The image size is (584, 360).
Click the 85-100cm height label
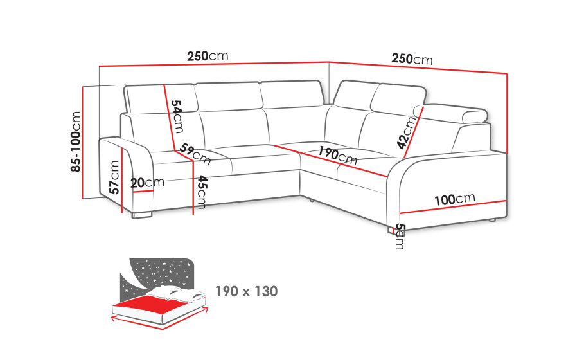[x=76, y=141]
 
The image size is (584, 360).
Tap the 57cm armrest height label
[x=114, y=177]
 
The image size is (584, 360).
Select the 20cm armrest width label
[x=148, y=183]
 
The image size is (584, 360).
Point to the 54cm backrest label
[x=177, y=116]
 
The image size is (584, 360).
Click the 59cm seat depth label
[x=195, y=154]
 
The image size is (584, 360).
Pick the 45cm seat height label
[x=202, y=192]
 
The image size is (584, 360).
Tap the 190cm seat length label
[x=337, y=156]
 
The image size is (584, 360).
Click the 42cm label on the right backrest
[x=406, y=133]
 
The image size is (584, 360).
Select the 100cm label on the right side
[x=455, y=199]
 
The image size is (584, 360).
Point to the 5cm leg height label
[x=400, y=237]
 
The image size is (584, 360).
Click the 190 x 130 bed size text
[x=247, y=291]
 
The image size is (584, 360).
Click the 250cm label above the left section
[x=208, y=56]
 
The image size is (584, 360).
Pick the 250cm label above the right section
[x=412, y=59]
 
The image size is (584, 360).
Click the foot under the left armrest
[x=142, y=215]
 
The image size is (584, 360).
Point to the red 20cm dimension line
[x=143, y=192]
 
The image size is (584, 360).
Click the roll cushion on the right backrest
[x=450, y=114]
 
